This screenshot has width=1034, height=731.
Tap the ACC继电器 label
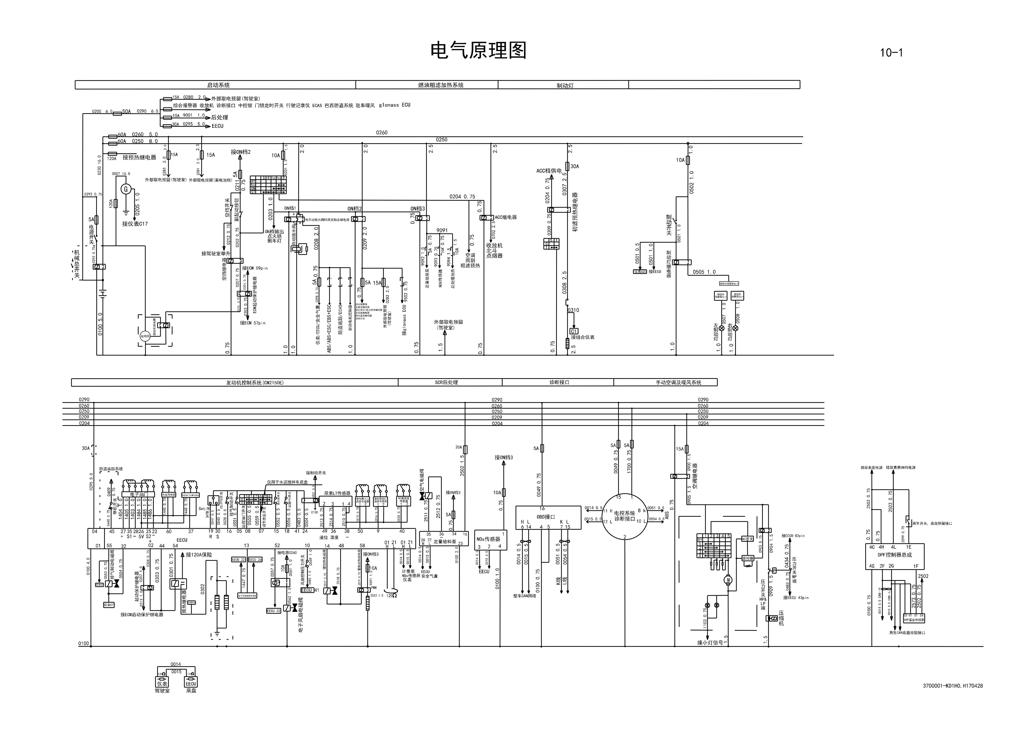(505, 217)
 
